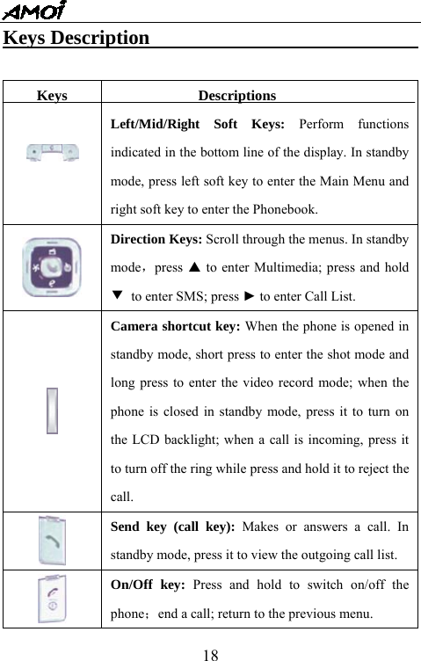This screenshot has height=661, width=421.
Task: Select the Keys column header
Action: [x=52, y=96]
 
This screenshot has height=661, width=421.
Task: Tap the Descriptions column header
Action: [x=236, y=96]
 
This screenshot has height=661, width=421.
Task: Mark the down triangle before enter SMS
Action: [x=116, y=294]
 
